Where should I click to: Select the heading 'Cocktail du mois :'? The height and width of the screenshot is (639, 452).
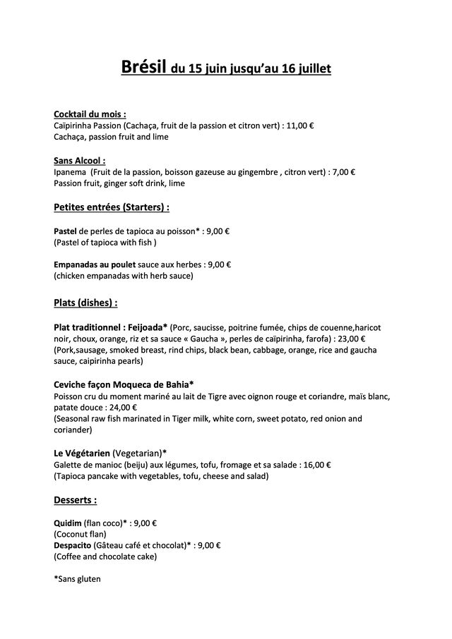click(90, 114)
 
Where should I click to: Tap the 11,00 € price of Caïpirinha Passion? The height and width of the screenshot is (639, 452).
click(300, 126)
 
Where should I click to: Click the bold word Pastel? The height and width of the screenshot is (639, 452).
click(66, 231)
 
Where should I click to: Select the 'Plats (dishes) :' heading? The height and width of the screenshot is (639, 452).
click(85, 303)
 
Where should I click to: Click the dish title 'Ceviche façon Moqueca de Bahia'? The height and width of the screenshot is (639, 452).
click(124, 384)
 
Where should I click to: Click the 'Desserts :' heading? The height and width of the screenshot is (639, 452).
click(76, 500)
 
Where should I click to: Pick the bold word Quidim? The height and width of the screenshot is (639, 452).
click(69, 523)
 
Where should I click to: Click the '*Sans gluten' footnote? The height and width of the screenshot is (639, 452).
click(78, 580)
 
